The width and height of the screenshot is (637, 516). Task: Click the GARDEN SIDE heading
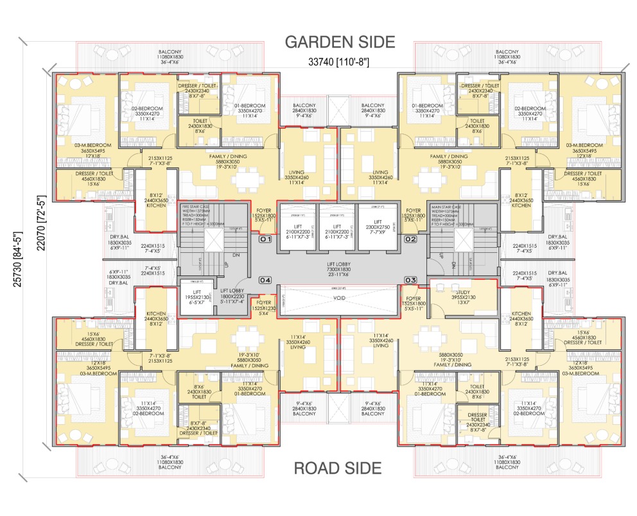point(339,42)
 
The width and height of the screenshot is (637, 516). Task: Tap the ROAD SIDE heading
point(337,469)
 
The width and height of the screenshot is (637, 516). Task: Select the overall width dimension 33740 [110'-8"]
point(338,62)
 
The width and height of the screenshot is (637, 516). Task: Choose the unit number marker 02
point(412,239)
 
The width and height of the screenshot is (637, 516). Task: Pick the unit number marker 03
point(412,280)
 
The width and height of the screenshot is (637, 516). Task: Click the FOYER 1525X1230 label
point(263,308)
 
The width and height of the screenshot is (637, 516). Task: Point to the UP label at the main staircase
point(441,255)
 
